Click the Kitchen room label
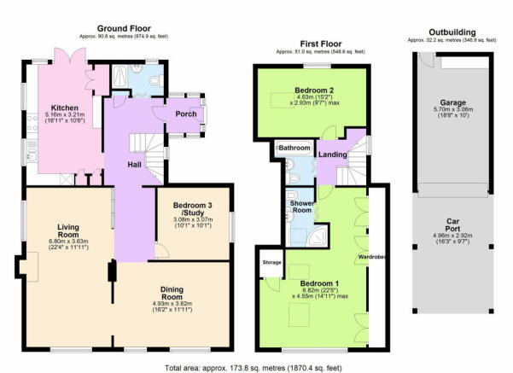coord(65,108)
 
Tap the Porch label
coord(186,114)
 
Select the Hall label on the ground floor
coord(134,165)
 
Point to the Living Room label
coord(68,230)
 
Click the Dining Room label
coord(172,293)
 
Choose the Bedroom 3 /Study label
coord(192,209)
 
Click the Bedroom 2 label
coord(314,90)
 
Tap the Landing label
coord(333,154)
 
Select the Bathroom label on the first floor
coord(294,148)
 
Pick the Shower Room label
coord(301,207)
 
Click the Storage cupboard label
coord(272,262)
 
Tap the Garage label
coord(452,102)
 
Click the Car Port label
coord(452,225)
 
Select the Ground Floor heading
coord(124,28)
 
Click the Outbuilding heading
coord(452,32)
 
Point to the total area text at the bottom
coord(254,368)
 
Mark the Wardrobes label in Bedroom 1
coord(371,257)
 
